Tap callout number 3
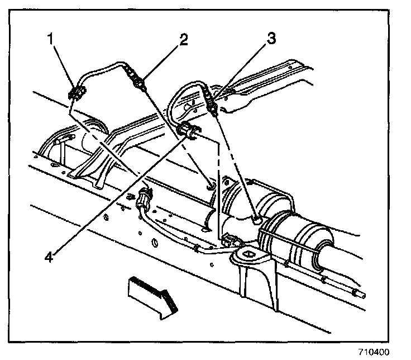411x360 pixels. pyautogui.click(x=271, y=40)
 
